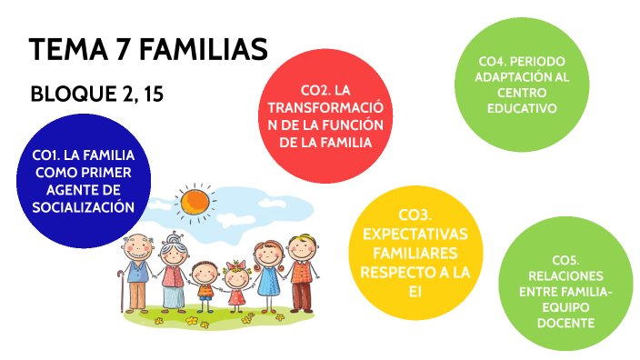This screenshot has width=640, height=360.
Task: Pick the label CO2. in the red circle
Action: coord(314,90)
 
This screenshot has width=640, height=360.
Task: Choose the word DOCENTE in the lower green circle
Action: coord(565,323)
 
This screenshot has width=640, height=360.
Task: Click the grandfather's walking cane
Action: coord(120,287)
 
